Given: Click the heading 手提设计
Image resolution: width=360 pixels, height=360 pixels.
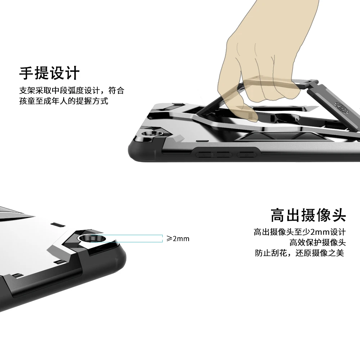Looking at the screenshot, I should point(49,73).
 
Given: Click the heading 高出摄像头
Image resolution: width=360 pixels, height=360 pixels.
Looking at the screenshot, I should point(308,215).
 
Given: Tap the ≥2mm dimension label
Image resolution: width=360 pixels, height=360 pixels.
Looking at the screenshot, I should point(178,239).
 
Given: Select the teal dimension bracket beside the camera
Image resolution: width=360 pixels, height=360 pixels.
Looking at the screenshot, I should point(126,238).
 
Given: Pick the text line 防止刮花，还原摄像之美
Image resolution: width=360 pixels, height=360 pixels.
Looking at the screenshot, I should point(300,253).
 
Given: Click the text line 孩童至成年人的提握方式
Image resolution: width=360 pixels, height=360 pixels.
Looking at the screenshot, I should point(64,101).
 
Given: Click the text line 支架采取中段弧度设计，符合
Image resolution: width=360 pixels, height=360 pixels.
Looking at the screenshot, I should point(72,90).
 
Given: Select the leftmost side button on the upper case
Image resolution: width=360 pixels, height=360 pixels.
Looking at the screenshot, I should point(206,155).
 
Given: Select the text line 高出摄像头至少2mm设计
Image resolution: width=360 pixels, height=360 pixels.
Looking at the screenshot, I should point(300,231).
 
